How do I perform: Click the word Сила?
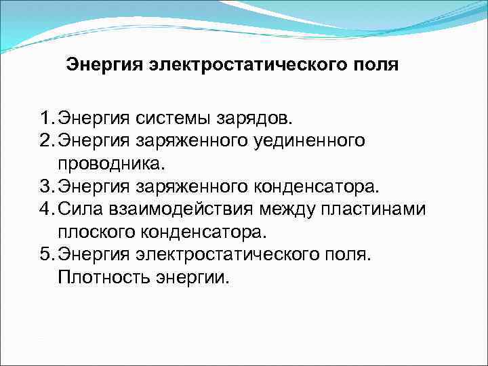(x=79, y=209)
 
